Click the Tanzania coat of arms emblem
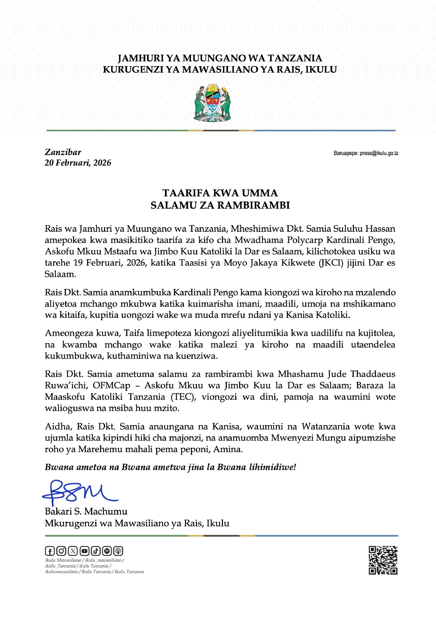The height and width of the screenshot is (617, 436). pos(212,103)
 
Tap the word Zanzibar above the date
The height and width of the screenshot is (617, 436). pos(63,152)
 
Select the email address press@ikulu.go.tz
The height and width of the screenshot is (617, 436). pos(379,153)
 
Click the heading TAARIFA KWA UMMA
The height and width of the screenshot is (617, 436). pos(220,193)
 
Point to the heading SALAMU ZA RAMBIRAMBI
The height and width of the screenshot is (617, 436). pos(220,205)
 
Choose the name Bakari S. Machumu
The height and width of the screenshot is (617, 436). pos(86,512)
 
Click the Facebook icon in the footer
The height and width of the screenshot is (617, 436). pos(50,551)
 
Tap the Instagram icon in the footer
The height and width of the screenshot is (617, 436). pos(61,551)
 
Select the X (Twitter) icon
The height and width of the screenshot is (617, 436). pos(73,551)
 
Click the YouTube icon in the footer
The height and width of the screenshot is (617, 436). pos(84,551)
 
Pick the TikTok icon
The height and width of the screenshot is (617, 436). pos(96,551)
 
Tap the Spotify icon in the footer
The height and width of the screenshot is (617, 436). pos(107,551)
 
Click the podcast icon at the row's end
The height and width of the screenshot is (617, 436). pos(118,551)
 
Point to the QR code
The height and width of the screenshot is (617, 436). pos(383,560)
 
